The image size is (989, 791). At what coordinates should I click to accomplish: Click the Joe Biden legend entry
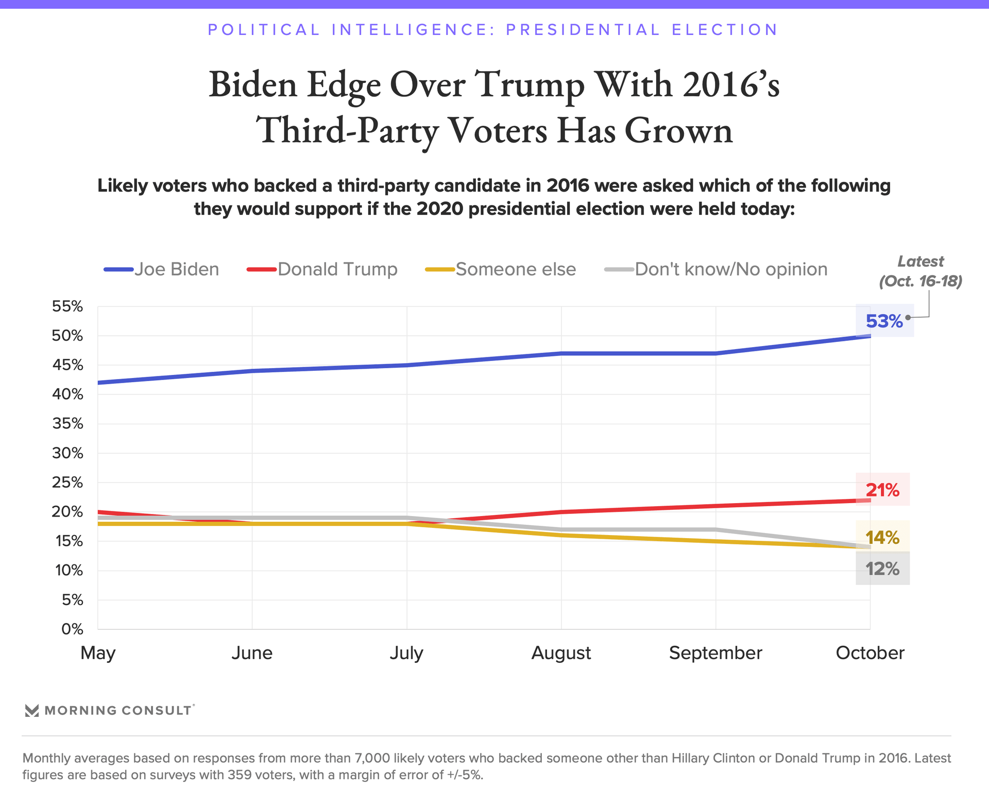pos(162,269)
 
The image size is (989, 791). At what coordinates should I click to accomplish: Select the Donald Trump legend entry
pos(322,269)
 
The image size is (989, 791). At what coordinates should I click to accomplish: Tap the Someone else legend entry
pos(501,269)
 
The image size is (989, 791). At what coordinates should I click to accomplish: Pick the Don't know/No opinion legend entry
pos(716,269)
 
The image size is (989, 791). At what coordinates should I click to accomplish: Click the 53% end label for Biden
pos(884,321)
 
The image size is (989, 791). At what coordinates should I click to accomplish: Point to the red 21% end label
pos(882,490)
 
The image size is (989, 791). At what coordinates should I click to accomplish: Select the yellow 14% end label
pos(882,538)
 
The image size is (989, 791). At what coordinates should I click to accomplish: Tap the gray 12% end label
pos(882,569)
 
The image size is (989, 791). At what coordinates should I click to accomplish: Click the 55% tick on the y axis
pos(67,306)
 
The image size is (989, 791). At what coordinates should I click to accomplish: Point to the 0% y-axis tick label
pos(72,629)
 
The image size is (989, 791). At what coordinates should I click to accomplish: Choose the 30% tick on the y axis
pos(67,453)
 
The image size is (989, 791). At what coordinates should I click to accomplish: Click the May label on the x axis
pos(98,653)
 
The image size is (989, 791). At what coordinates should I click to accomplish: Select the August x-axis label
pos(561,653)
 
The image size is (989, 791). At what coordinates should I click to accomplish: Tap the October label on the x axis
pos(870,653)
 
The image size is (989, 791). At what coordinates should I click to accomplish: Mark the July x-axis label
pos(406,653)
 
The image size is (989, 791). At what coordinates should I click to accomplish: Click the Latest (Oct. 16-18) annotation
pos(920,271)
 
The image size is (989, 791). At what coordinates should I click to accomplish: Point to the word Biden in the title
pos(253,84)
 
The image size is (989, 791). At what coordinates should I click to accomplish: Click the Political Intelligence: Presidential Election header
pos(493,30)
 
